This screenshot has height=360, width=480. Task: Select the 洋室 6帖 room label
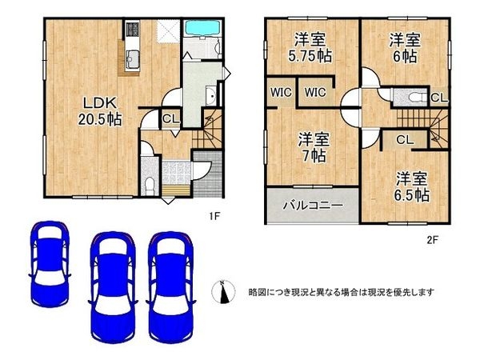[404, 47]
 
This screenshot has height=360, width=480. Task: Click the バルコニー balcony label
[311, 206]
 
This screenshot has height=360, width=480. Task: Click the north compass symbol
[223, 292]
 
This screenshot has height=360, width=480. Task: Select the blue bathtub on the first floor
[203, 29]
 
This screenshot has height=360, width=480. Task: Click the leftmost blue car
[50, 262]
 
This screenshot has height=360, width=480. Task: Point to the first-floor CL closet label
[170, 119]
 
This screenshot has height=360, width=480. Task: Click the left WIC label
[281, 91]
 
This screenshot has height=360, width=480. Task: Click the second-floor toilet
[415, 98]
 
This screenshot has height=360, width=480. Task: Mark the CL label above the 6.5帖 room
[404, 139]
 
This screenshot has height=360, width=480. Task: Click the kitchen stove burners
[132, 32]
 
